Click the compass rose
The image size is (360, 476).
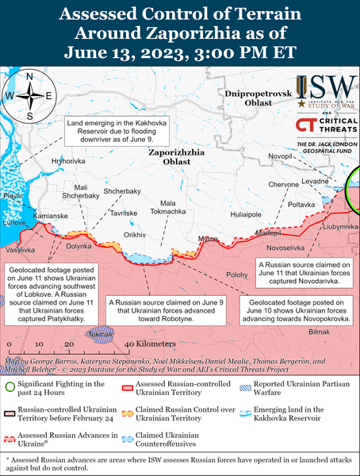28,96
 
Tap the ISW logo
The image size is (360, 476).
325,94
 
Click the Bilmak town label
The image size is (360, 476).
317,331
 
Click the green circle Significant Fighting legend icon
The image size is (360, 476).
10,386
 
